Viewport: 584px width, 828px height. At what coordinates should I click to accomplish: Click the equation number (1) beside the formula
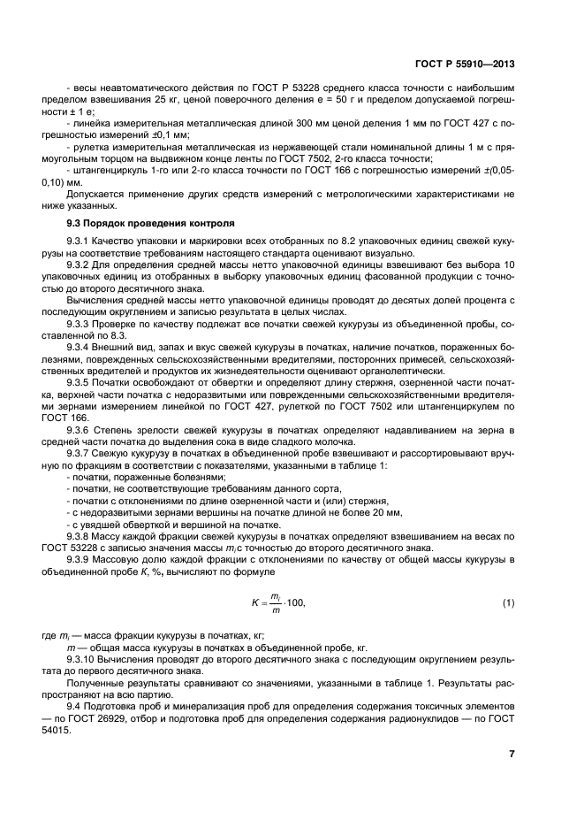pos(508,603)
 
